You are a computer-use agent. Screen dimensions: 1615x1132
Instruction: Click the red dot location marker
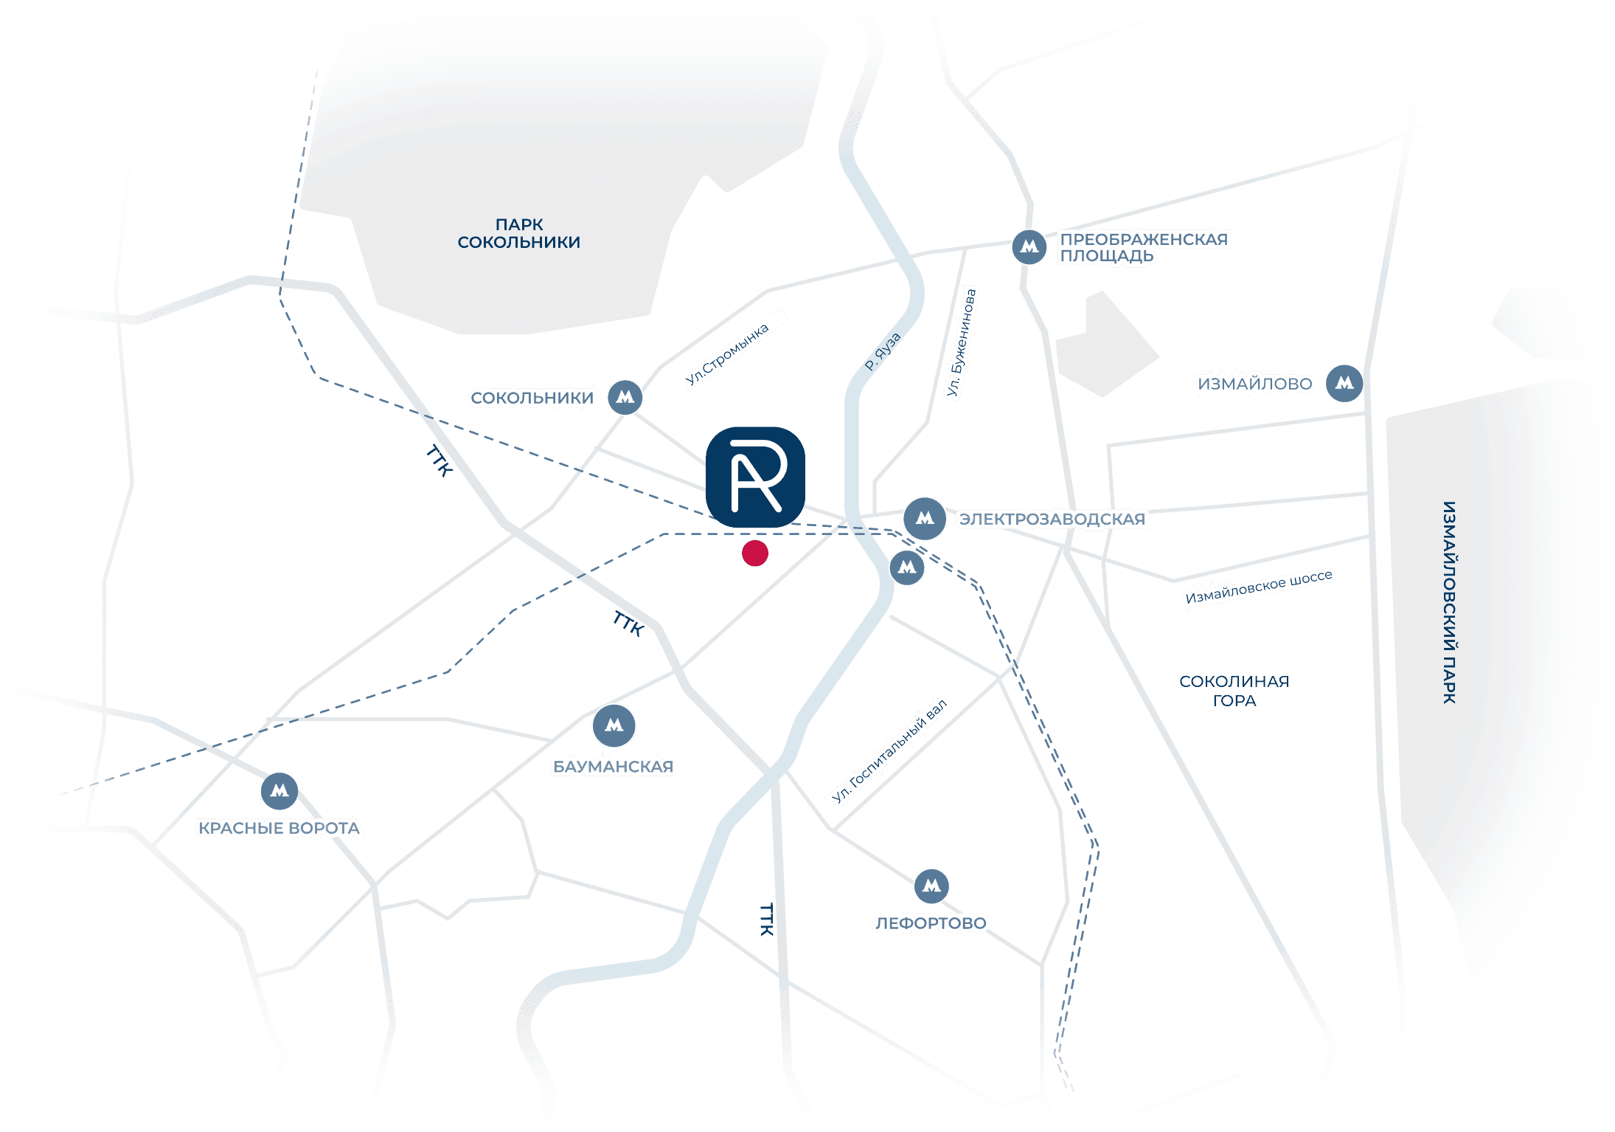pyautogui.click(x=754, y=553)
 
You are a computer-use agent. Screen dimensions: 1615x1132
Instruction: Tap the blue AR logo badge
pyautogui.click(x=755, y=477)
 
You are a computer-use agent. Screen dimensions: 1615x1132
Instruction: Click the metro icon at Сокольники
pyautogui.click(x=625, y=398)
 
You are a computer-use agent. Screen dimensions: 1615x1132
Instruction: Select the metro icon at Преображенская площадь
pyautogui.click(x=1029, y=247)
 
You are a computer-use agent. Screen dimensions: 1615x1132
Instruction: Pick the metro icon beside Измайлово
pyautogui.click(x=1344, y=383)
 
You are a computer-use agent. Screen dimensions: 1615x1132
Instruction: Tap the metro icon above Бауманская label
pyautogui.click(x=614, y=725)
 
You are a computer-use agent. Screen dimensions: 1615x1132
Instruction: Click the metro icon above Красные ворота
pyautogui.click(x=279, y=791)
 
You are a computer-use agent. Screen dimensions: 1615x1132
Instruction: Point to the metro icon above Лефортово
pyautogui.click(x=931, y=886)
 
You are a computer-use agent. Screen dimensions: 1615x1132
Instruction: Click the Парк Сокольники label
pyautogui.click(x=518, y=233)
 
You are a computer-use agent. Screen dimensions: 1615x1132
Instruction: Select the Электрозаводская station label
pyautogui.click(x=1052, y=520)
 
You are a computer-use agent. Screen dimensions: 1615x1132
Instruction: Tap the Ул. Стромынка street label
pyautogui.click(x=729, y=357)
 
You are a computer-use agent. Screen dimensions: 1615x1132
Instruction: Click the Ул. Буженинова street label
pyautogui.click(x=962, y=345)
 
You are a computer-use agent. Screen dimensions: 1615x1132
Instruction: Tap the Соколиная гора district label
pyautogui.click(x=1234, y=691)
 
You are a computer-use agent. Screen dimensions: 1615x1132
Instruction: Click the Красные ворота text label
pyautogui.click(x=279, y=828)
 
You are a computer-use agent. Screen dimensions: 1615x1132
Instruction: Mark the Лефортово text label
pyautogui.click(x=931, y=923)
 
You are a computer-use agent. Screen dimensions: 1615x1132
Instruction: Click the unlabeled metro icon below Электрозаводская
pyautogui.click(x=907, y=567)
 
